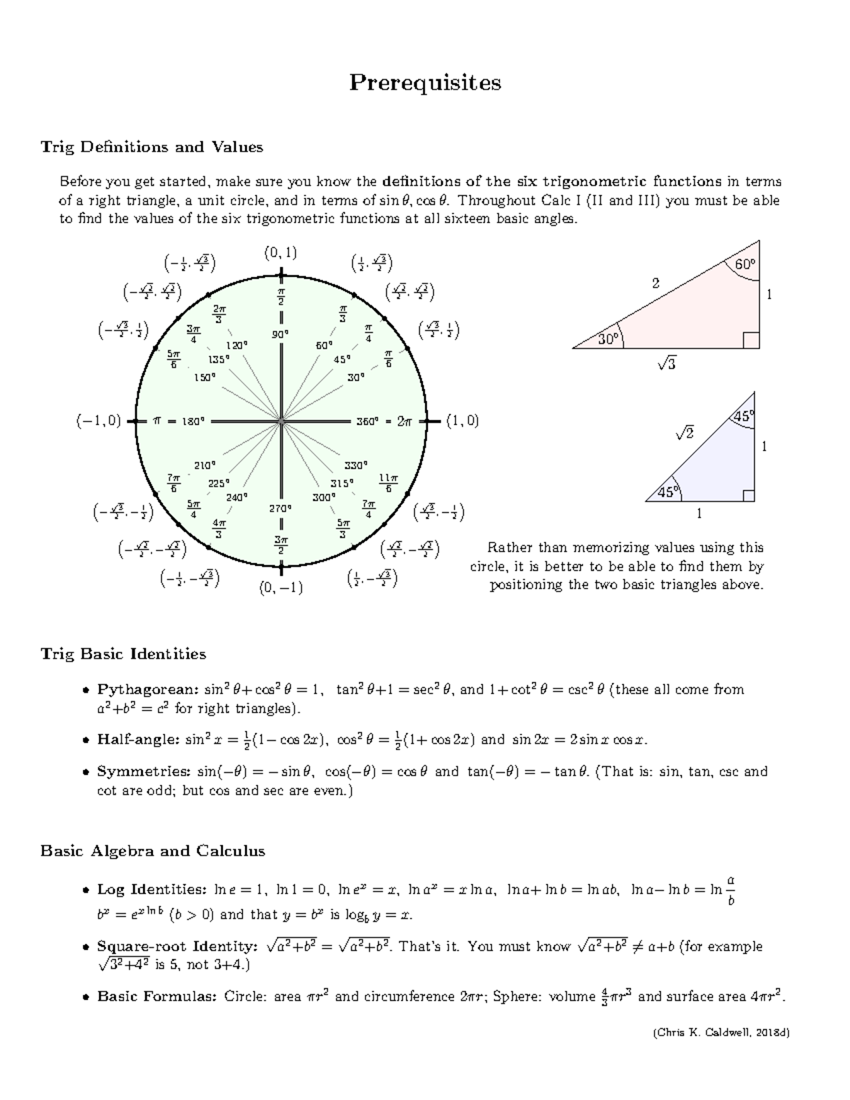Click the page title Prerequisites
(425, 83)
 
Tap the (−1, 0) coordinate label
(98, 421)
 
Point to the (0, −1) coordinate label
(281, 587)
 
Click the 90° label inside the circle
(281, 334)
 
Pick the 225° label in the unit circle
(218, 483)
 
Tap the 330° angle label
(356, 465)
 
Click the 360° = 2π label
(383, 421)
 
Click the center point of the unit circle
(281, 421)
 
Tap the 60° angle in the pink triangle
(744, 264)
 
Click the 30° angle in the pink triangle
(608, 339)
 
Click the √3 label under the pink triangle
(667, 364)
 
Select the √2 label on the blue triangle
(684, 432)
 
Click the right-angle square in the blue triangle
(748, 495)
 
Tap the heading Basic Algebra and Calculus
(153, 851)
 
